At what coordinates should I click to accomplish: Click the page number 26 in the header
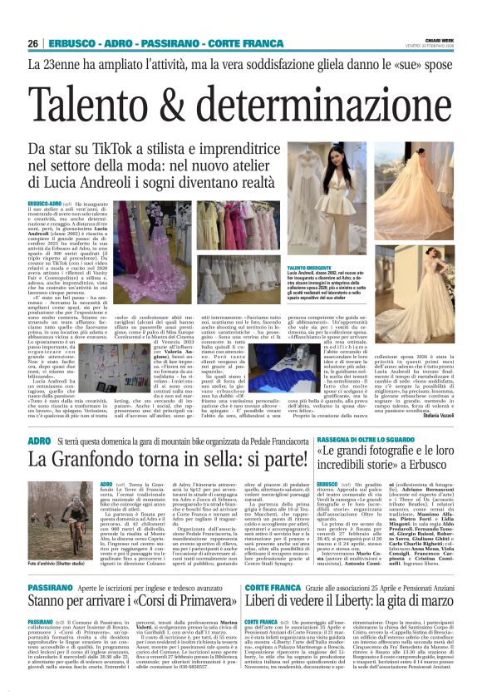point(32,42)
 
